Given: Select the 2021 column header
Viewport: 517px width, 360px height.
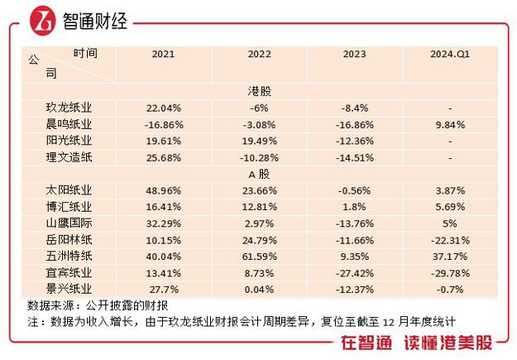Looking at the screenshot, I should click(163, 55).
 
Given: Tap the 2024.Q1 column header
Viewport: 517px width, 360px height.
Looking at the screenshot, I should click(450, 55).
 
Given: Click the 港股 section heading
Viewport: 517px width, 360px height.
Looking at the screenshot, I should click(260, 91).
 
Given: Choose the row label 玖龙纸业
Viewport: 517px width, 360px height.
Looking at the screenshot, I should click(69, 108).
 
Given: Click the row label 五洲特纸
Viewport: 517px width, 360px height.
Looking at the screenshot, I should click(69, 257).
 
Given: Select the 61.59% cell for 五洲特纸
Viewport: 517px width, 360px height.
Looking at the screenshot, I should click(260, 257).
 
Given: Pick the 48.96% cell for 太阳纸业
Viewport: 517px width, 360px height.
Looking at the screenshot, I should click(163, 190).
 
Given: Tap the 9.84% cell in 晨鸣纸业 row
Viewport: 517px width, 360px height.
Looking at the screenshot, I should click(450, 124).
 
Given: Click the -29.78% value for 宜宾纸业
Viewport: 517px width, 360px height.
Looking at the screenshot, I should click(450, 273).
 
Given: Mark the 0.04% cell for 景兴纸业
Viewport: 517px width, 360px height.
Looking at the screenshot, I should click(260, 290).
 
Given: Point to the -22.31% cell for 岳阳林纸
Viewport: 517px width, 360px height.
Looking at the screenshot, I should click(450, 240).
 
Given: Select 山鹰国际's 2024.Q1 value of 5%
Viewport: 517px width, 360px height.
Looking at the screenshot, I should click(450, 223).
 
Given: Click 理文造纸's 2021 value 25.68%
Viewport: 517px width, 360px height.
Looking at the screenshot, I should click(163, 157).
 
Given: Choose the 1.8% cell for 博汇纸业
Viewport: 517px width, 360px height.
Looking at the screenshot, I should click(355, 207).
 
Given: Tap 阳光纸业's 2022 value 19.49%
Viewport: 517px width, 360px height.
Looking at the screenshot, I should click(260, 141).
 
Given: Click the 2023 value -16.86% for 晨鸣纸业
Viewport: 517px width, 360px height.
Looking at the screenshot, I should click(355, 124).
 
